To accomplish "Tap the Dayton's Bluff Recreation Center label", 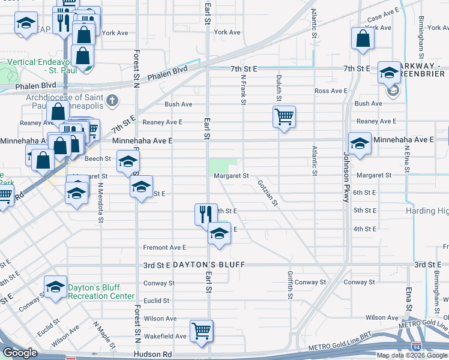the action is coord(100,292).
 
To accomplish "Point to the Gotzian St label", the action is coord(268,192).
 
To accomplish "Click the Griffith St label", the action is coord(290,284).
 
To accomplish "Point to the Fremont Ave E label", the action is coord(164,247).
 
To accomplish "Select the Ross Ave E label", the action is coord(331,91).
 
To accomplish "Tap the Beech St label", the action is coord(98,159).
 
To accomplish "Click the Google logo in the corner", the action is coord(20,353).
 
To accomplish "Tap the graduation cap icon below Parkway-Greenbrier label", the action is coord(388,72).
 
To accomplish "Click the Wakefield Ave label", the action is coord(164,337).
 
